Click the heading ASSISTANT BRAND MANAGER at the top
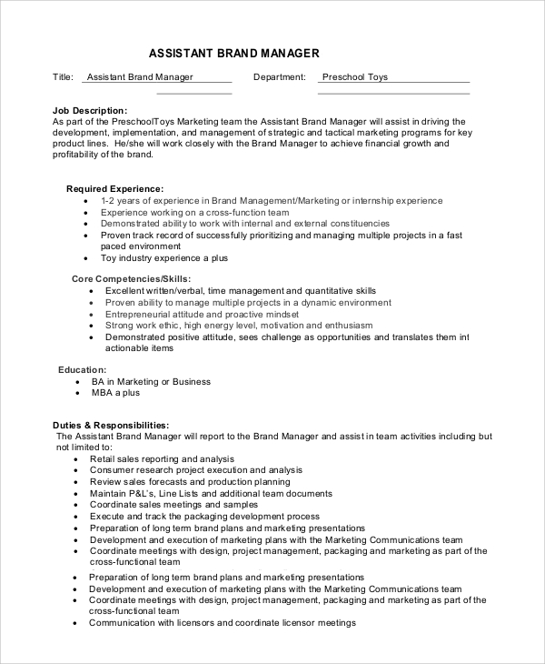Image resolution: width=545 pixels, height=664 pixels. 233,54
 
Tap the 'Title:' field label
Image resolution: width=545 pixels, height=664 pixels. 63,77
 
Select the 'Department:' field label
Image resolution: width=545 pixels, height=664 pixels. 280,77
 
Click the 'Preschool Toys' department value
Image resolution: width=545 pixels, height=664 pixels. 355,77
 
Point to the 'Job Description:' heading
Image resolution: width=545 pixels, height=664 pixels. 90,110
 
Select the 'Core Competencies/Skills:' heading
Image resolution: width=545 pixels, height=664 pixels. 132,278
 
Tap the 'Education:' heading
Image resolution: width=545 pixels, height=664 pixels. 83,370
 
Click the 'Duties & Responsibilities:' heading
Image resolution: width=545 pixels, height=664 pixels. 112,425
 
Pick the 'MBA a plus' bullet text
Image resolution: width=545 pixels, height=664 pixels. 115,393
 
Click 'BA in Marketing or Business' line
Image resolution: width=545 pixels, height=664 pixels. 151,382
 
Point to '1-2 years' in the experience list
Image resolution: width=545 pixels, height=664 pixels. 120,200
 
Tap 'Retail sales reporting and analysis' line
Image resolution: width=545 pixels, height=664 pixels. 162,459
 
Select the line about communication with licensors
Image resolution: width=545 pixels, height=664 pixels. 222,623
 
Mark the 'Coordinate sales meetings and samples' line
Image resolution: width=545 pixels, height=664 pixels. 173,505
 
